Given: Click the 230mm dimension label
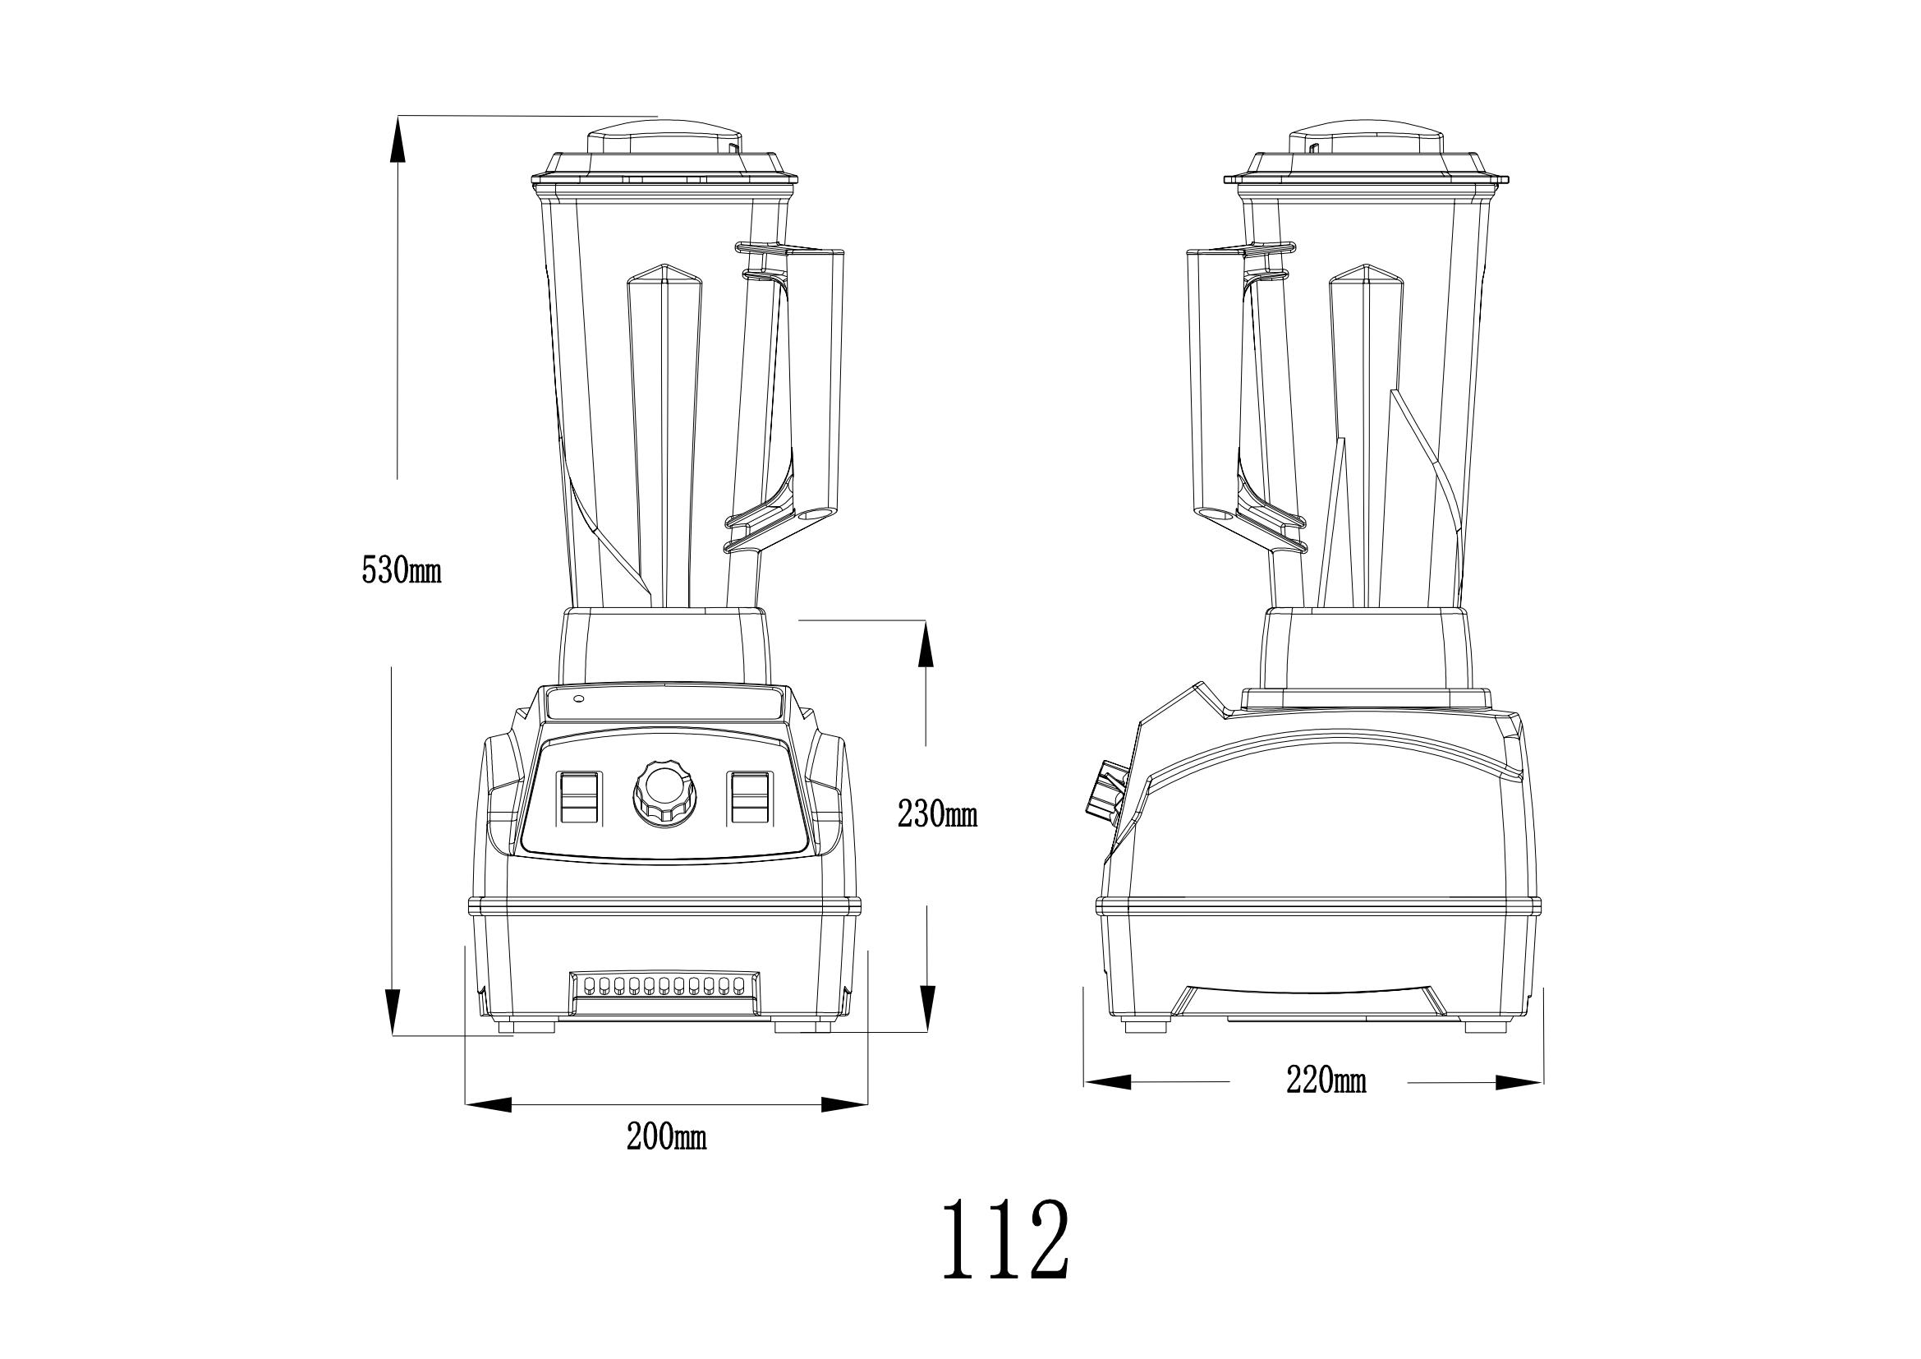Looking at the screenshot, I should (937, 813).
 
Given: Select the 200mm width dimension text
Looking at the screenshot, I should (666, 1138).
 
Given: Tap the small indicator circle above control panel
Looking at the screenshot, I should (577, 698).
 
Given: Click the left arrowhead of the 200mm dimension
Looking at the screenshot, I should (488, 1105).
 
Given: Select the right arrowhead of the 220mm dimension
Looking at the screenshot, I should (1519, 1082).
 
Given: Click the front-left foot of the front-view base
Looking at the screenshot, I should (526, 1025).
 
